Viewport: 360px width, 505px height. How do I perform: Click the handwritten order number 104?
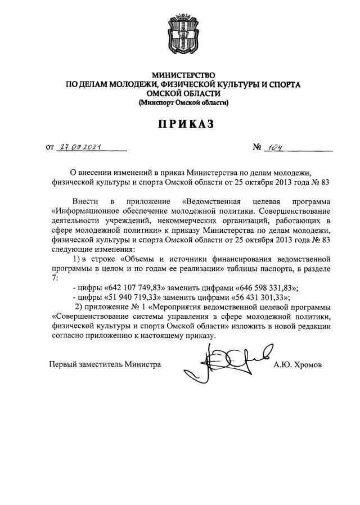pos(276,148)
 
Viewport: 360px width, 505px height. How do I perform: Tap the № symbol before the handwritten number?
pos(259,148)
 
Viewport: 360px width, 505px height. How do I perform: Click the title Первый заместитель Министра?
pos(105,365)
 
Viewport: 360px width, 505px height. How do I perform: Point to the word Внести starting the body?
pos(85,201)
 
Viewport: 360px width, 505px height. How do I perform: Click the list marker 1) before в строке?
pos(78,259)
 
